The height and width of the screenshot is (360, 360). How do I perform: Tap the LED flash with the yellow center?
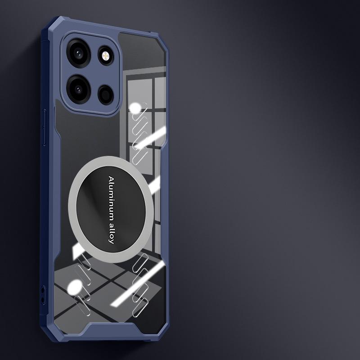tap(106, 55)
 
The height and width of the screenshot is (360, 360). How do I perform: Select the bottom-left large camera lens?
tap(78, 89)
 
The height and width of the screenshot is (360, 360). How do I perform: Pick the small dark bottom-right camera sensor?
tap(106, 94)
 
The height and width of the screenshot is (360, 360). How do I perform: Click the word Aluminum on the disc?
tap(112, 196)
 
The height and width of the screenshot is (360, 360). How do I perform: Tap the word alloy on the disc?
tap(111, 232)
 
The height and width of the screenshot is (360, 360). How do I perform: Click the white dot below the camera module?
tap(135, 108)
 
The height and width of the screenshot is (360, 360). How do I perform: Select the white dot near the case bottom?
tap(75, 287)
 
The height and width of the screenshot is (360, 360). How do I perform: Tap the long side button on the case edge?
tap(44, 127)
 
